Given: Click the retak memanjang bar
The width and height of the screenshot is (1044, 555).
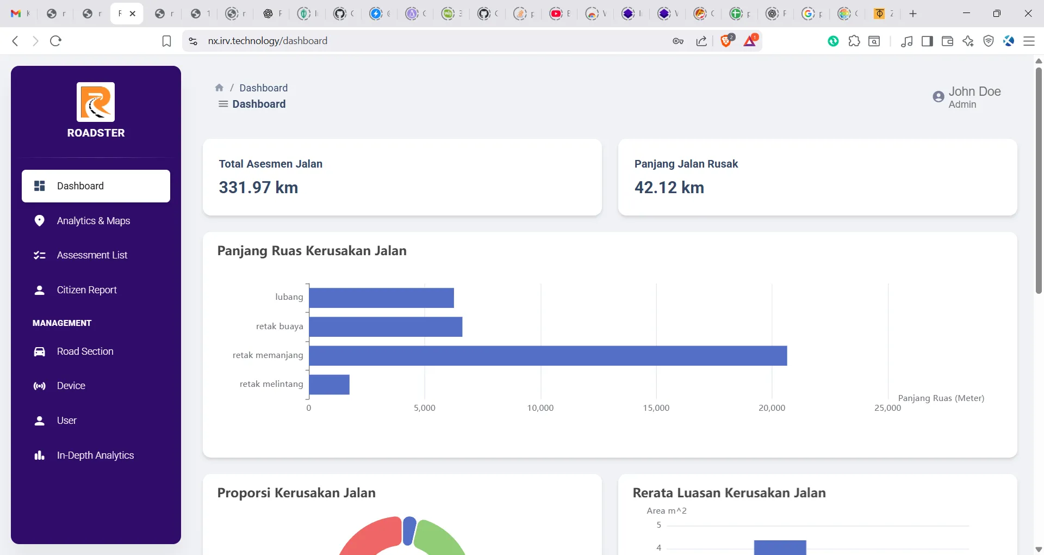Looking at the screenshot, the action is coord(548,356).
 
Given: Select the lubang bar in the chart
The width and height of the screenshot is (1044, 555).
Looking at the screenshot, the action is coord(382,298).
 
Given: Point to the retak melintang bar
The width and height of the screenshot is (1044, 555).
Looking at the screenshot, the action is coord(330,385).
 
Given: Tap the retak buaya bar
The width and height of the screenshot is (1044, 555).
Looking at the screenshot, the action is coord(386,327).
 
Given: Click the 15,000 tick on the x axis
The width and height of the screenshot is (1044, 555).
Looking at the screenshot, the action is coord(656,408).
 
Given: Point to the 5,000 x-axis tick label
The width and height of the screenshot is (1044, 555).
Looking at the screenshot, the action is coord(425,408).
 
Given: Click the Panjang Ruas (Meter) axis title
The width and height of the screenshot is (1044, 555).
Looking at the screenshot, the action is coord(941,398).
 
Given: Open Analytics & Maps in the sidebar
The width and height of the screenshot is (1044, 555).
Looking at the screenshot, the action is coord(94,221).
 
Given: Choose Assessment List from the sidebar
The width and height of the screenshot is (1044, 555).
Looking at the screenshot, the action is coord(92,255).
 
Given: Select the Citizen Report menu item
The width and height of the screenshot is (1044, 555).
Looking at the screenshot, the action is coord(87,290).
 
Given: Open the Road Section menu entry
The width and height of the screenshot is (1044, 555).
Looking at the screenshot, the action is coord(85,351).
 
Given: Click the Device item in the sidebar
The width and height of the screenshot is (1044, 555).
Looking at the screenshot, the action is coord(71,386).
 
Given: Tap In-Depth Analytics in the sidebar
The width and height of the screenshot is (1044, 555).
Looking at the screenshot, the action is coord(95,455).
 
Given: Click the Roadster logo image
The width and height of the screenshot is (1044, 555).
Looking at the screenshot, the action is coord(96,102).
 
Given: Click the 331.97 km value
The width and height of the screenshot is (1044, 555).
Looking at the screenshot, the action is coord(258,188).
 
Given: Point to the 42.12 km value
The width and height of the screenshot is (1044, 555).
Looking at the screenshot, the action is coord(669,188).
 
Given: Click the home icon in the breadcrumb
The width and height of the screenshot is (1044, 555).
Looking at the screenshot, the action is coord(219,88).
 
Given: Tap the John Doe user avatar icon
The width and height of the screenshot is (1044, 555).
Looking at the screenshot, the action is coord(939,97).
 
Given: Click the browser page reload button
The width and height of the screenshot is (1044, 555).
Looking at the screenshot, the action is coord(55,41).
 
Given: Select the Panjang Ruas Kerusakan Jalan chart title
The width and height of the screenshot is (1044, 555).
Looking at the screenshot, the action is coord(312,251).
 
